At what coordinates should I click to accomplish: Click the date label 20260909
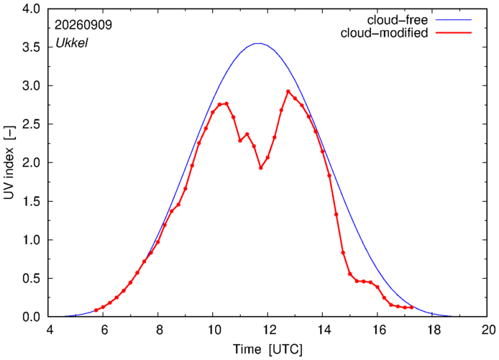pos(83,25)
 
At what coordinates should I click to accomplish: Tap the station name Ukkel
pos(72,43)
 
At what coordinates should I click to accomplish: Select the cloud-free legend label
pos(397,20)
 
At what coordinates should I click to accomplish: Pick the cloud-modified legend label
pos(384,33)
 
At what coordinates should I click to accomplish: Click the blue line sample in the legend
pos(454,19)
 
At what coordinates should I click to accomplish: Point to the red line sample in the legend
pos(454,32)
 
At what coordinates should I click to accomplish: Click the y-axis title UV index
pos(9,163)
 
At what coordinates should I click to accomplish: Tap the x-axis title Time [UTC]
pos(267,349)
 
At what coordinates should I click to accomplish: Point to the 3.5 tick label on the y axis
pos(32,47)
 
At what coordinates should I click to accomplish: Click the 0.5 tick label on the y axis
pos(32,278)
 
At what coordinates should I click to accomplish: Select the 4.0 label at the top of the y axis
pos(32,9)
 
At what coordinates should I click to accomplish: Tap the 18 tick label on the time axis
pos(432,330)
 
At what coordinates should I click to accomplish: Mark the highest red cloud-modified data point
pos(288,91)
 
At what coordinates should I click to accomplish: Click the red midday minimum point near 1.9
pos(261,167)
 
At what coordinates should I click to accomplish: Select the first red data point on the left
pos(96,310)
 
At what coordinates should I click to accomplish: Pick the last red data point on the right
pos(411,308)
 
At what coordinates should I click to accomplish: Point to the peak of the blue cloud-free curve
pos(260,43)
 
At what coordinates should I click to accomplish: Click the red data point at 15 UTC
pos(349,274)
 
